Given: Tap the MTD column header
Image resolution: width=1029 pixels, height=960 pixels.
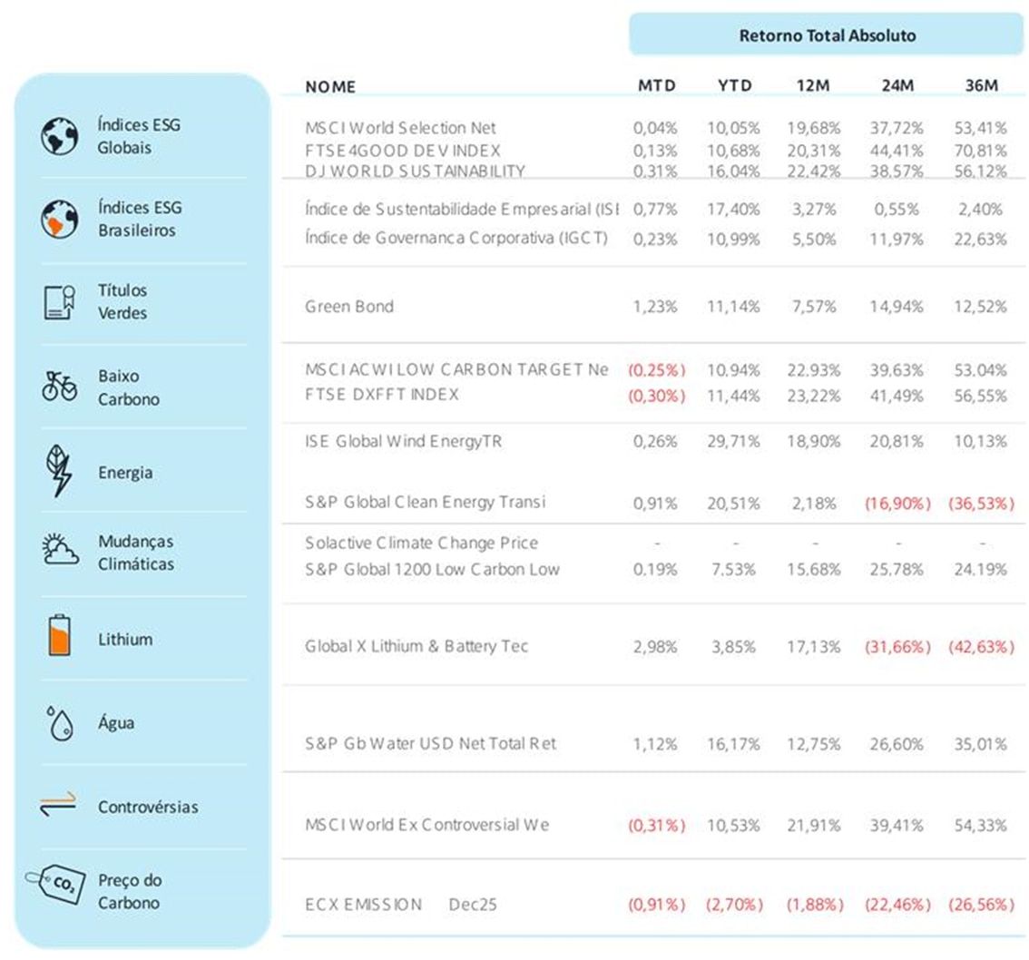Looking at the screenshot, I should (x=656, y=86).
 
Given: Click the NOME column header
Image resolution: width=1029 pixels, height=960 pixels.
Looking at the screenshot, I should (x=330, y=87).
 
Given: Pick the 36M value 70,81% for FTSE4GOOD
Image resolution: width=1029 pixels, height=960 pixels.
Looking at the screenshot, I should (x=979, y=150).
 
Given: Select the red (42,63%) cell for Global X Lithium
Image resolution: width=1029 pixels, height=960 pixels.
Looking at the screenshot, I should (x=979, y=647).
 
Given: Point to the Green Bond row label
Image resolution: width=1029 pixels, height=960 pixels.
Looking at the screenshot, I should (x=349, y=307).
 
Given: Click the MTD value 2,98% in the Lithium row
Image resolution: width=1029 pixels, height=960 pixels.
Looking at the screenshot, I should (x=655, y=647).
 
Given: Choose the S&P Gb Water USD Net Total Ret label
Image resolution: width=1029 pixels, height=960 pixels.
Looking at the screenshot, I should (x=430, y=744).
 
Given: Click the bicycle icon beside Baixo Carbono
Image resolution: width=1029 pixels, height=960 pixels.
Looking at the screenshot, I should (x=59, y=386).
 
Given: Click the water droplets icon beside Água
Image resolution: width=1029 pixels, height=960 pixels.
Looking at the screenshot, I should (x=59, y=723).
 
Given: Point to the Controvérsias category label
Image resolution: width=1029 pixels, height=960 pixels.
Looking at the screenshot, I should (x=148, y=807).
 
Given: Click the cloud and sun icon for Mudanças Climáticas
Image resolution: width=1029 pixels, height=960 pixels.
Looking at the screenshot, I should (x=59, y=552).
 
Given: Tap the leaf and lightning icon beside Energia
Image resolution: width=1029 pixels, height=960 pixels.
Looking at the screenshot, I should (x=59, y=471).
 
